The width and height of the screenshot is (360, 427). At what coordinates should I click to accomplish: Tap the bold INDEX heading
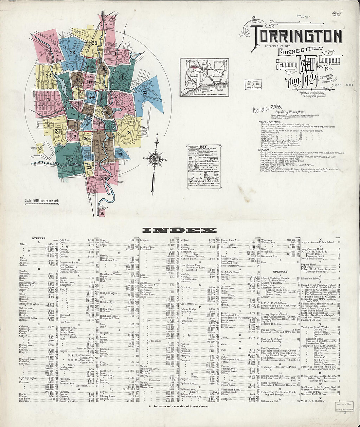click(x=180, y=230)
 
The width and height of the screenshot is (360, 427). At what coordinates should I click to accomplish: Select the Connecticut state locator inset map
click(x=203, y=77)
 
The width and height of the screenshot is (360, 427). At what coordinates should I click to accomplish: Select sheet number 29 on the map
click(x=95, y=43)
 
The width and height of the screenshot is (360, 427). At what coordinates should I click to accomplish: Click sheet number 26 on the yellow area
click(x=49, y=76)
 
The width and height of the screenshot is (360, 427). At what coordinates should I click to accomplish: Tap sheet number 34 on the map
click(x=129, y=132)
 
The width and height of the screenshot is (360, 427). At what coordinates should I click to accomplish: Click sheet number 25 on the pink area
click(x=48, y=99)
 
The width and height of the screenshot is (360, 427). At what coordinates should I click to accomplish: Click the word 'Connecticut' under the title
click(x=300, y=50)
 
